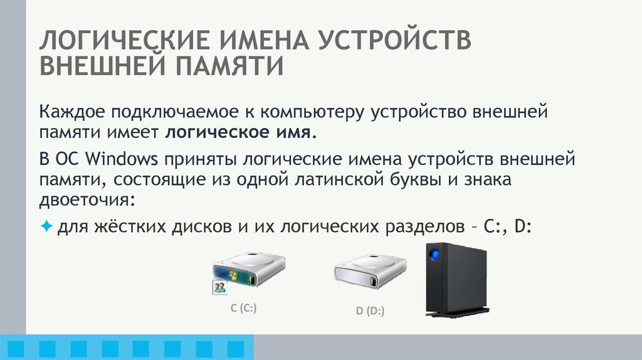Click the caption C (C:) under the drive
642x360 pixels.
pos(245,308)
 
